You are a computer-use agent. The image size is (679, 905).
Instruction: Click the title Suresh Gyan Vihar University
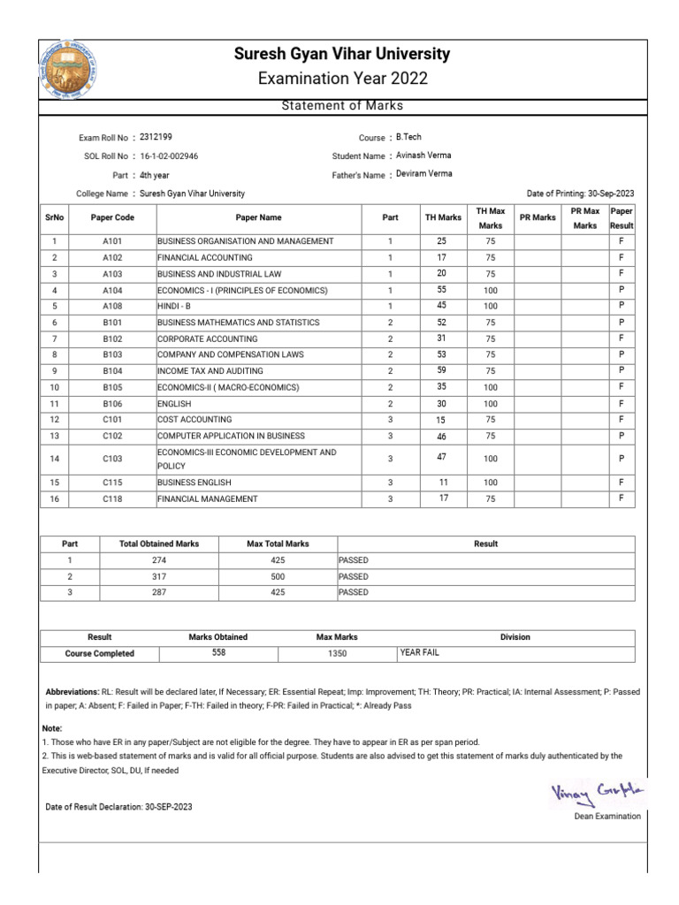(342, 55)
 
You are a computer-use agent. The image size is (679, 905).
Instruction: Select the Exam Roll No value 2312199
(156, 137)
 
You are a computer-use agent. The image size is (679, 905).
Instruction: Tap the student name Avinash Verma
(423, 156)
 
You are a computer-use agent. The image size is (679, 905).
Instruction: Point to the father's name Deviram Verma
(424, 174)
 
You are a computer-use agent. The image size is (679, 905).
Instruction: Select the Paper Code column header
(112, 217)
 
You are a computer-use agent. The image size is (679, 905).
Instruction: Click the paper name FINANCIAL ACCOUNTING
(208, 257)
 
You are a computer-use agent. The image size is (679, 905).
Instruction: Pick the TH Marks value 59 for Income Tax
(443, 370)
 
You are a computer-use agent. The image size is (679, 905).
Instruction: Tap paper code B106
(112, 403)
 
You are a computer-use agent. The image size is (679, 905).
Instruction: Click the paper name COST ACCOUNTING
(195, 419)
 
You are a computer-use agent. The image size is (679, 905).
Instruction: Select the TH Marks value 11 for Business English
(443, 483)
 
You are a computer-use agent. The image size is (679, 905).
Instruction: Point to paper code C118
(112, 499)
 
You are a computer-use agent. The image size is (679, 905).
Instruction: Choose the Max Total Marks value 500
(278, 576)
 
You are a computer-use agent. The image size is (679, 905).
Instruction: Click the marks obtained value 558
(218, 652)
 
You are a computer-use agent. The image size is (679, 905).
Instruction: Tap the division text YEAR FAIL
(420, 653)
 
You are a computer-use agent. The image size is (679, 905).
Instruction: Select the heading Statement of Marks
(342, 106)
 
